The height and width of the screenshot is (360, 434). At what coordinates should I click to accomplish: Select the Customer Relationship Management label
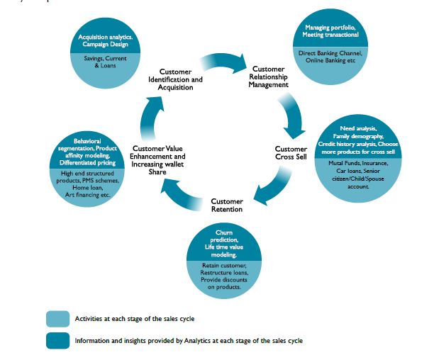tap(269, 77)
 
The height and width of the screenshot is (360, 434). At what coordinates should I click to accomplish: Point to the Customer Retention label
tap(227, 205)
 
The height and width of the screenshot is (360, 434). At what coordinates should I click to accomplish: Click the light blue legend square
tap(57, 318)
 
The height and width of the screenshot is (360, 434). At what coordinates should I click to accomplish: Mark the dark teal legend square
tap(57, 340)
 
